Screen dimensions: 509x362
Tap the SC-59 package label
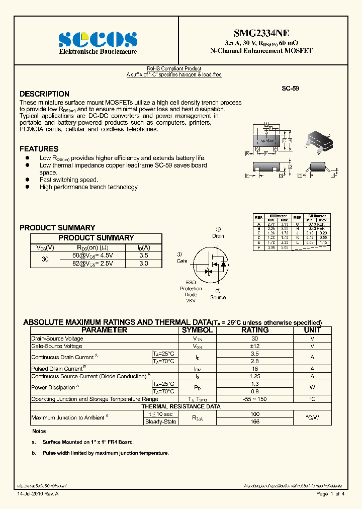tap(290, 88)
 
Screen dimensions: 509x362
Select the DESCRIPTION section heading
tap(44, 94)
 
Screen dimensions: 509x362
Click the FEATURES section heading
tap(39, 149)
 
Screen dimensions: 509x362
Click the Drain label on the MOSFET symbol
tap(218, 236)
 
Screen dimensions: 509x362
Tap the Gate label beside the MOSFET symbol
tap(182, 261)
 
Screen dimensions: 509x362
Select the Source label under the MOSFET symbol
tap(218, 297)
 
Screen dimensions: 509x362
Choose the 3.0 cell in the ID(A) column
tap(143, 264)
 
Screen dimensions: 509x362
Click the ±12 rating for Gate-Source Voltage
tap(255, 346)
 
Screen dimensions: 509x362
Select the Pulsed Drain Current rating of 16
tap(255, 369)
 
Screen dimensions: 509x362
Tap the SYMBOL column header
tap(197, 330)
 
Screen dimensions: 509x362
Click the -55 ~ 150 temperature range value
tap(255, 399)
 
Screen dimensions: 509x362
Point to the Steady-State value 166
tap(255, 421)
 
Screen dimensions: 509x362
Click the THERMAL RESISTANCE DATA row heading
tap(181, 406)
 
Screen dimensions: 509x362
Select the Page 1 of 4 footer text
tap(330, 494)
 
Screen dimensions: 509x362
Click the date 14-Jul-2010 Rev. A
tap(38, 494)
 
